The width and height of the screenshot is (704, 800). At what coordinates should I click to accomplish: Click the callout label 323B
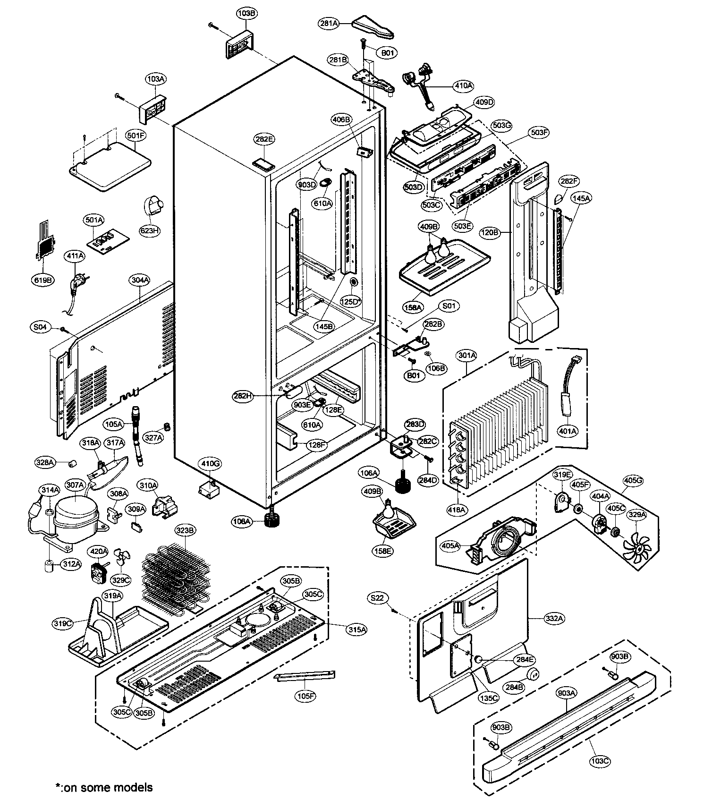click(185, 530)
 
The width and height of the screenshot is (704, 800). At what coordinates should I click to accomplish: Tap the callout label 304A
click(140, 280)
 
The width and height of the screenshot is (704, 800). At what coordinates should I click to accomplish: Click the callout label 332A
click(554, 618)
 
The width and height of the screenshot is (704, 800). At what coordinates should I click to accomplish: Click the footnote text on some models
click(105, 787)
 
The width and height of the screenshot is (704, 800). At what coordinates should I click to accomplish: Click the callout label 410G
click(211, 464)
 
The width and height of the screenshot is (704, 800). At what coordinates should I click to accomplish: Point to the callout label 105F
click(306, 696)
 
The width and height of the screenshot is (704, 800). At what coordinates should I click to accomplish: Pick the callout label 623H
click(149, 231)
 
